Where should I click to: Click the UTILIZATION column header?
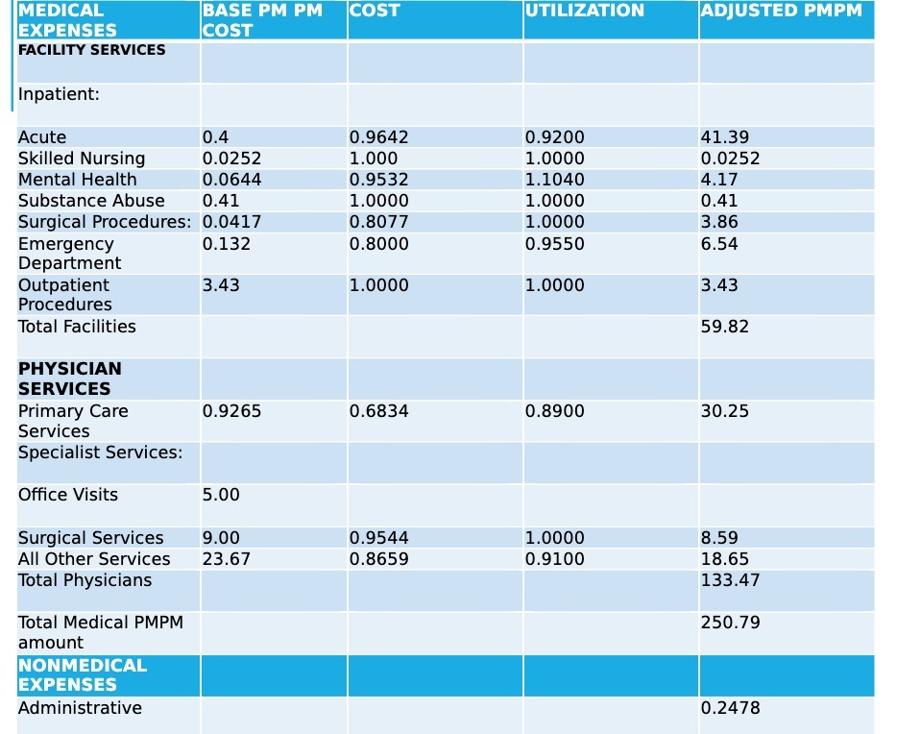[585, 11]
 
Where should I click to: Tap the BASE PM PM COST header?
[261, 20]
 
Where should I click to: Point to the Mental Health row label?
[78, 180]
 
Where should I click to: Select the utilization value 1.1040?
[554, 180]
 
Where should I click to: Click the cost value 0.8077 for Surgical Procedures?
[378, 222]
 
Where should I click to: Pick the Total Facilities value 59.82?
[725, 327]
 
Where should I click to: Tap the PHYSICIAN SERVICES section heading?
[70, 379]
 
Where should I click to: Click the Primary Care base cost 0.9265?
[231, 411]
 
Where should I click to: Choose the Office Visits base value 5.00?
[221, 495]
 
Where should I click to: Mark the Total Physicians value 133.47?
[730, 580]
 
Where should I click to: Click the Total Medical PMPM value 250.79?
[730, 623]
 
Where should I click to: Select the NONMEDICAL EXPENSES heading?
[83, 674]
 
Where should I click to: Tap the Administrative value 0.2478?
[730, 708]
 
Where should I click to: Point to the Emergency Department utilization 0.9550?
[554, 244]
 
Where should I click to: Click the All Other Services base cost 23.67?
[226, 559]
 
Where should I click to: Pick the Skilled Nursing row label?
[82, 159]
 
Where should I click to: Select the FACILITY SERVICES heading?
[91, 50]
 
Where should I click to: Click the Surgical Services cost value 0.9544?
[378, 538]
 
